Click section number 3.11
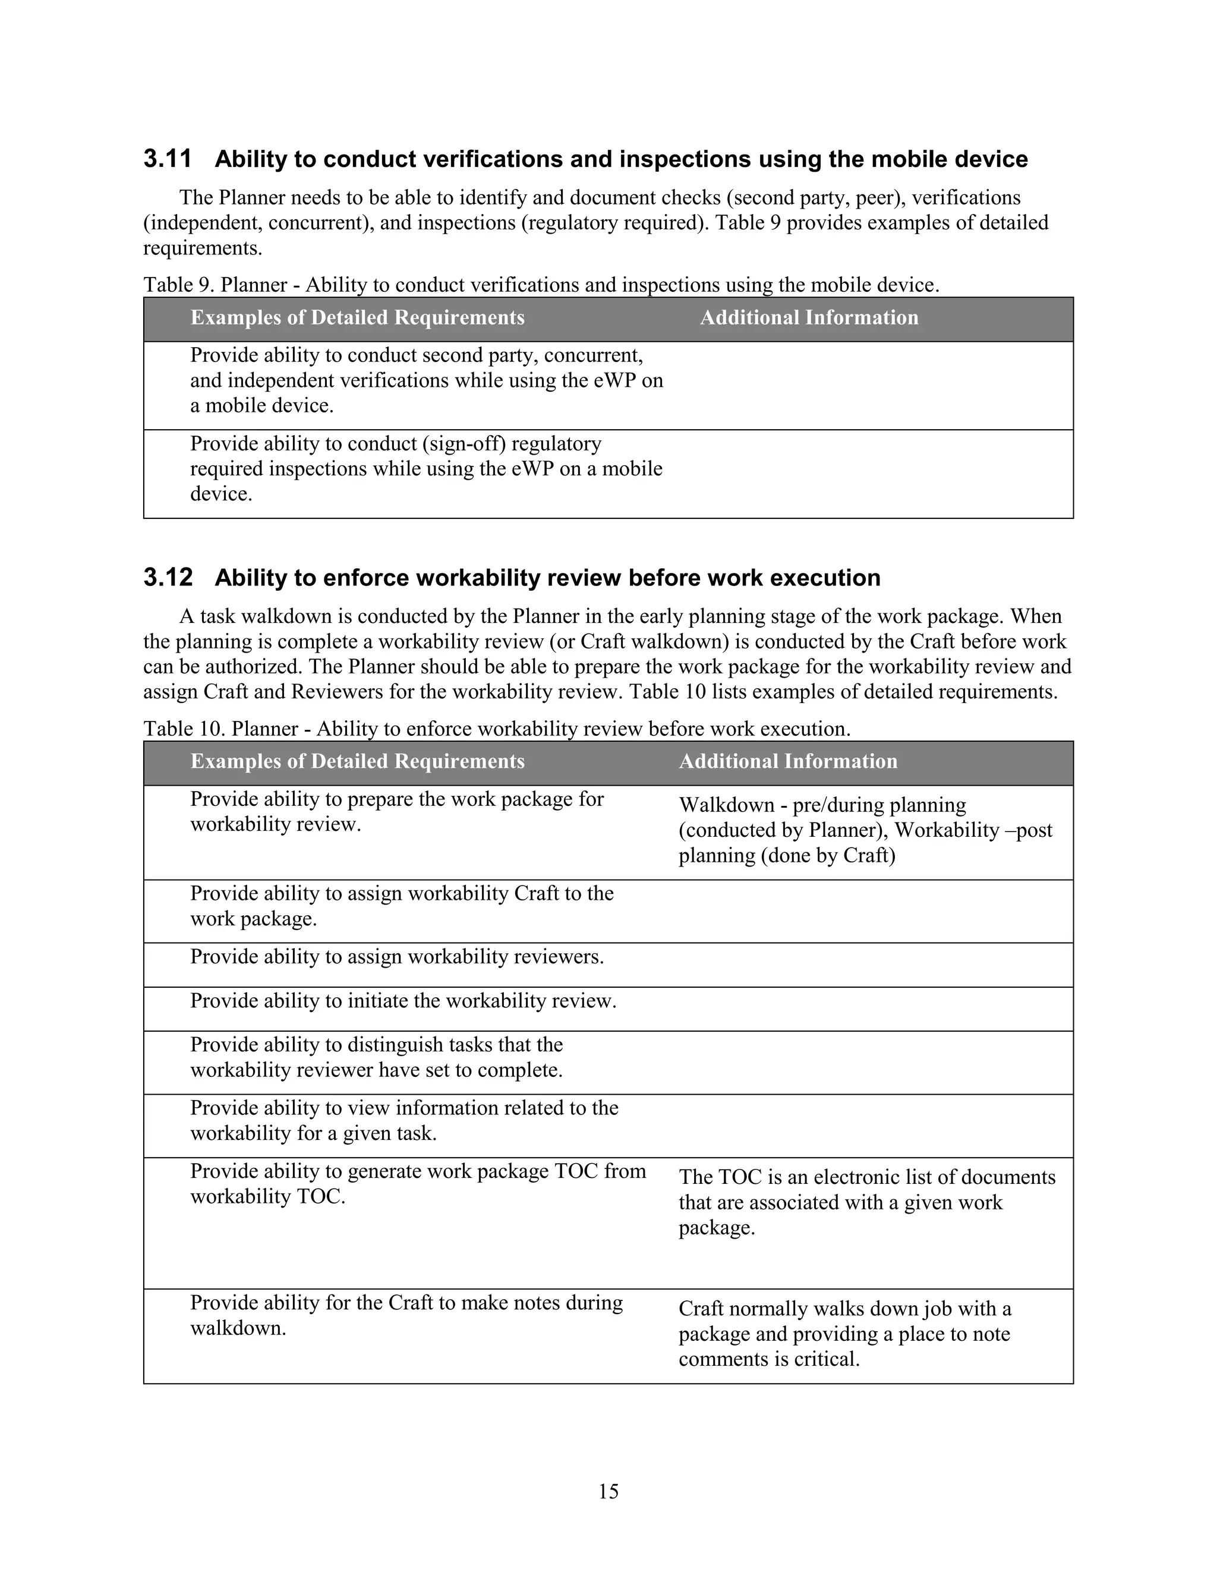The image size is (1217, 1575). [x=167, y=159]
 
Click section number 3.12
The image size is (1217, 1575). [x=167, y=578]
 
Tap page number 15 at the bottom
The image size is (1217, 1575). [x=608, y=1491]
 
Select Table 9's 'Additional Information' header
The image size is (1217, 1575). [x=808, y=318]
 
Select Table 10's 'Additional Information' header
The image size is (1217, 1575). [x=787, y=761]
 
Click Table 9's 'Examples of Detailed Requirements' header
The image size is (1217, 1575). [x=357, y=318]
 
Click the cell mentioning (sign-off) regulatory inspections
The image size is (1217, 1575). [x=425, y=469]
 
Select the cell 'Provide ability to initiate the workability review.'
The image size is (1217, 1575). [x=403, y=1001]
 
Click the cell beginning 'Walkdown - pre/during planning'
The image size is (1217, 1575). [x=865, y=830]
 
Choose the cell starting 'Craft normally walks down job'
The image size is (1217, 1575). [x=844, y=1334]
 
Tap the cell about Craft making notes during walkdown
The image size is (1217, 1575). [x=406, y=1315]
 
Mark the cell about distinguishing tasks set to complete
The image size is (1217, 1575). [x=376, y=1057]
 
